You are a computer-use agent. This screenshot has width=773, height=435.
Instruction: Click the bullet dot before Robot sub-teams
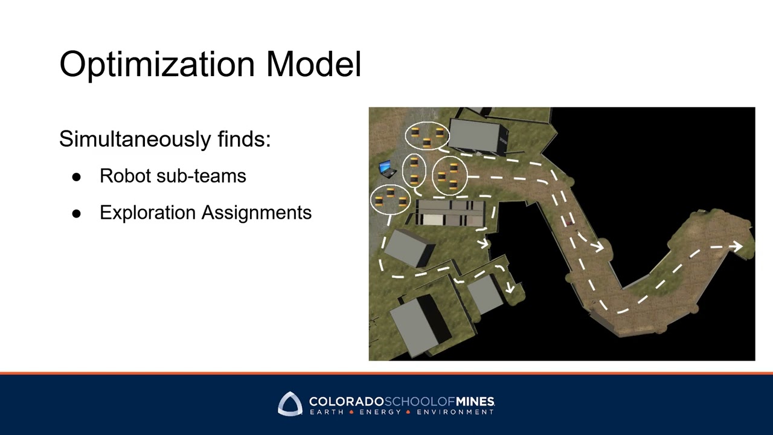tap(76, 176)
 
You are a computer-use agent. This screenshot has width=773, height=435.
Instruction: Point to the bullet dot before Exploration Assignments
tap(76, 213)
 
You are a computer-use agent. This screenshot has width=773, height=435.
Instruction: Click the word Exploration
tap(148, 213)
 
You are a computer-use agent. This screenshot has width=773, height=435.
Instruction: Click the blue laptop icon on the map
tap(385, 168)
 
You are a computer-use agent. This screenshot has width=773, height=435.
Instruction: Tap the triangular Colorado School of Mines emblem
tap(290, 404)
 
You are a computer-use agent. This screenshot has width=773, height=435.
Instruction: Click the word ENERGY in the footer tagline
tap(380, 412)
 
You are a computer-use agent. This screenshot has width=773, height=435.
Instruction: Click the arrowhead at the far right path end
tap(737, 246)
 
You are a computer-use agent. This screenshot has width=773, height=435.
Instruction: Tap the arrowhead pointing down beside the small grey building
tap(510, 289)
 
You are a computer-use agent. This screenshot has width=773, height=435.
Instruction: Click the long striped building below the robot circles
tap(450, 213)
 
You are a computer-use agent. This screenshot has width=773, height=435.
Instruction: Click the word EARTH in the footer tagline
tap(327, 412)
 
